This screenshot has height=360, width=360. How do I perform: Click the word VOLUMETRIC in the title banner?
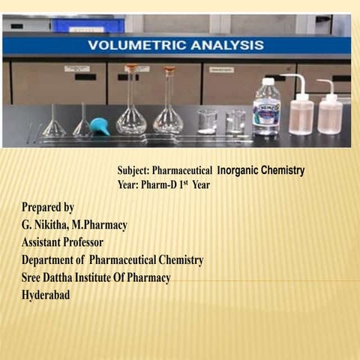click(133, 46)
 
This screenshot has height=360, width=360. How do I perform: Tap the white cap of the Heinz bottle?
click(268, 81)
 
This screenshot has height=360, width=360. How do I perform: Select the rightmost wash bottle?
click(329, 112)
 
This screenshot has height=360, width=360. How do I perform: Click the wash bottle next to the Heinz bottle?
click(301, 112)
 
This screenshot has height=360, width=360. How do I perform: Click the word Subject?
click(133, 171)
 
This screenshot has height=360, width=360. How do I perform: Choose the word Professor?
click(79, 242)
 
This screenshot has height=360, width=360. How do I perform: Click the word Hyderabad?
click(46, 295)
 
